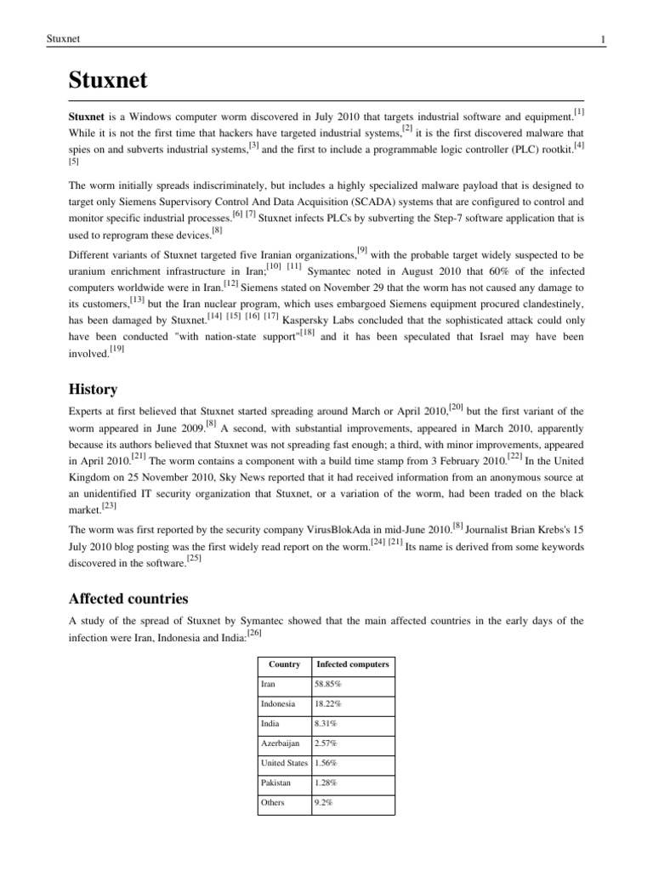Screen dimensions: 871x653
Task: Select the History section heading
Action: pyautogui.click(x=93, y=389)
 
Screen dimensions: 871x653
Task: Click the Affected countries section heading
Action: pyautogui.click(x=128, y=598)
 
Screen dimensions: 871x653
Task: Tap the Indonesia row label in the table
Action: pyautogui.click(x=279, y=703)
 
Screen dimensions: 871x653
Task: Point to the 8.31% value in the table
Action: pyautogui.click(x=326, y=723)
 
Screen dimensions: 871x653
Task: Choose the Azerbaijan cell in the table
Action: pyautogui.click(x=281, y=743)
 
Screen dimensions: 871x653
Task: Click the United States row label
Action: pyautogui.click(x=285, y=762)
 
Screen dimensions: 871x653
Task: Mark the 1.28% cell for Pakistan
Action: pyautogui.click(x=326, y=782)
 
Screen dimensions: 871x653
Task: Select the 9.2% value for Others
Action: pyautogui.click(x=324, y=802)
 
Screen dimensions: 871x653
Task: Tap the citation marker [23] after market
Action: pyautogui.click(x=109, y=504)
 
